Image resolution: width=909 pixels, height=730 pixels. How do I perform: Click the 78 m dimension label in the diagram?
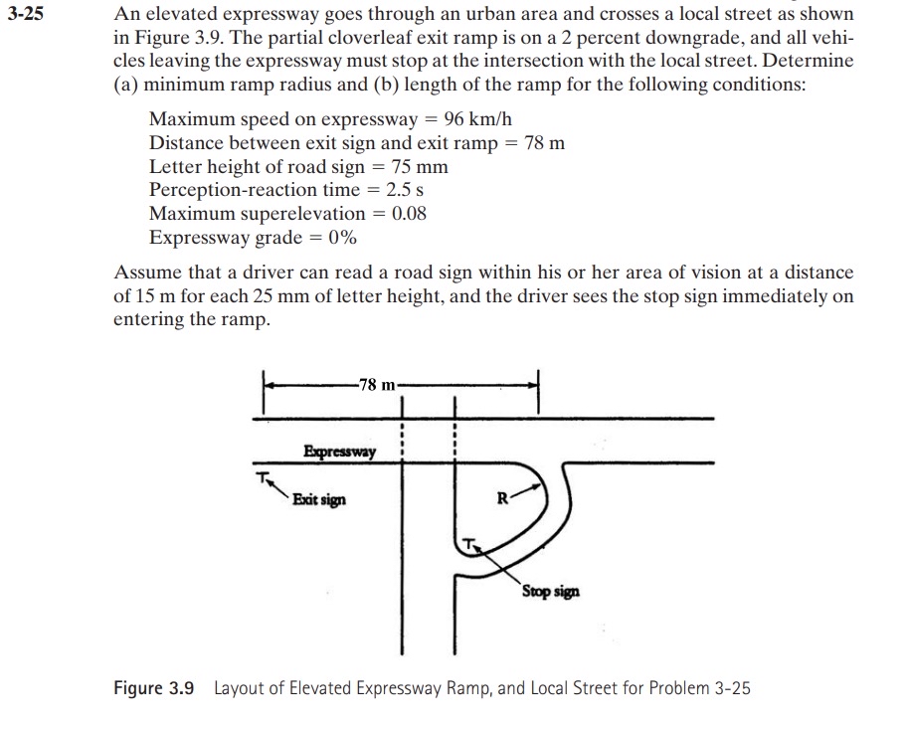378,385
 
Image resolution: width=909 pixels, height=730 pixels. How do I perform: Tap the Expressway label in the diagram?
340,453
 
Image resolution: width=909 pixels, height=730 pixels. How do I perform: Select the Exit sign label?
319,499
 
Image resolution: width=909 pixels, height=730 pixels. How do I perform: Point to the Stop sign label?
550,592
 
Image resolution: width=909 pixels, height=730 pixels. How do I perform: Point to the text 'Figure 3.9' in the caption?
154,688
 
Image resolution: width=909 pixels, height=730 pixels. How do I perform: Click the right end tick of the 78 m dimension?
537,384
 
